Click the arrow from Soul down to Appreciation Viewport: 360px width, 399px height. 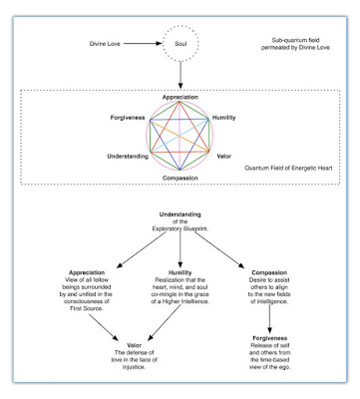click(x=180, y=80)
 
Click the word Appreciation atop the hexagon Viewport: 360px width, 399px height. click(x=180, y=98)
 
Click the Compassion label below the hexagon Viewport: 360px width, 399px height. click(x=180, y=177)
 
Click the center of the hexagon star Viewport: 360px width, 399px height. click(x=180, y=137)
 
